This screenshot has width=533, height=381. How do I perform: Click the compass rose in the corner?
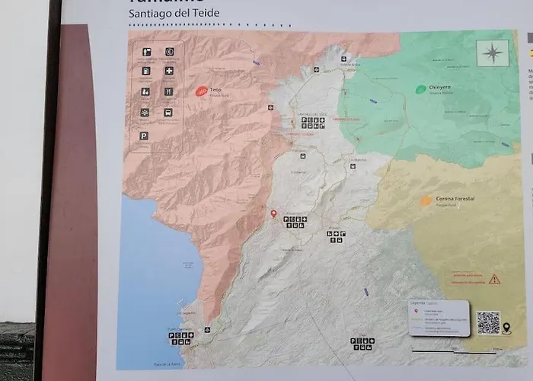493,53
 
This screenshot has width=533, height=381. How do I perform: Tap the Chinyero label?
440,88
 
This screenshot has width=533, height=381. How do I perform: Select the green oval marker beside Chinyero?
420,89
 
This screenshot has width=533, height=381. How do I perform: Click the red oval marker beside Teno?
201,91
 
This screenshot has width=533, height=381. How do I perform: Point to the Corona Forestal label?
455,198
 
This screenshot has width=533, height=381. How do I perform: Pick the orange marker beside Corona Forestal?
426,201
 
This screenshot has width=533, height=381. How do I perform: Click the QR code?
489,322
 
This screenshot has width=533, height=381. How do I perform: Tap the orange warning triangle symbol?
495,279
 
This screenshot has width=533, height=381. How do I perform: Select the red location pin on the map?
273,214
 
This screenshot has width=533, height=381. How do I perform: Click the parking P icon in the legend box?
144,135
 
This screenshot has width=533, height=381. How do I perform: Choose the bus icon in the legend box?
168,113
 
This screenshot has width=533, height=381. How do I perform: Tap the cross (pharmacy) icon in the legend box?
168,71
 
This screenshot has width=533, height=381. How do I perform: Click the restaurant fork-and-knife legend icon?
168,91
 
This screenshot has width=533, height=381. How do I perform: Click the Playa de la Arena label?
169,364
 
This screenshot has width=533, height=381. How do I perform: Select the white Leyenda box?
438,317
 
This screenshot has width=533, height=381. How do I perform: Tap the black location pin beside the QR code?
507,328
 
